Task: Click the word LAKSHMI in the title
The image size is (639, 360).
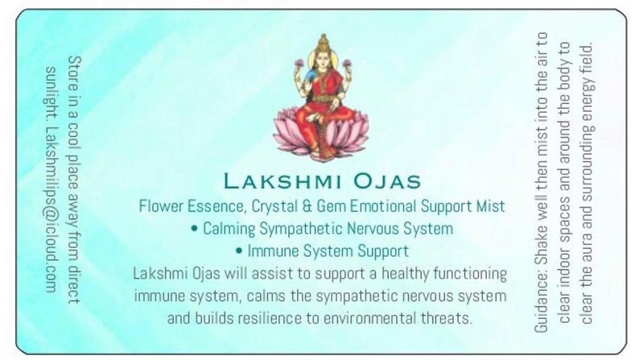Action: point(282,180)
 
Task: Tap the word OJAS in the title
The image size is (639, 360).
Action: point(387,180)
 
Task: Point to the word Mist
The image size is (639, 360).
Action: point(491,206)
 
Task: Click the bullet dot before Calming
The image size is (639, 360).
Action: point(194,228)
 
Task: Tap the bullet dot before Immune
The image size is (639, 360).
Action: point(239,250)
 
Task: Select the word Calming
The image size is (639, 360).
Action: point(229,229)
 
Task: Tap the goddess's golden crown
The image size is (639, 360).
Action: point(324,43)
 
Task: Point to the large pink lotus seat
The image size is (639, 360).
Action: point(321,134)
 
